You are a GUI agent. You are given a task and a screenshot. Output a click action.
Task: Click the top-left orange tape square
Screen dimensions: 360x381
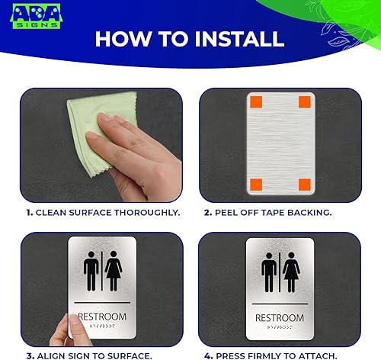255,101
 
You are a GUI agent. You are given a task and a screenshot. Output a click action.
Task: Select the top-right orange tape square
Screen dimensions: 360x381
304,101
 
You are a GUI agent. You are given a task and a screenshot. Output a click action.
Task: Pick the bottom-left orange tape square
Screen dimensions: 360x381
255,182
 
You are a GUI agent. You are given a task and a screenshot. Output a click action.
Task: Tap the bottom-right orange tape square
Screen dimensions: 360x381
304,183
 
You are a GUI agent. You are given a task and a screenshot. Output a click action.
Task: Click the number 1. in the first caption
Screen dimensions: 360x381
29,212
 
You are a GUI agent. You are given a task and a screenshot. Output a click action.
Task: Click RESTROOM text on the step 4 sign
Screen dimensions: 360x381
279,317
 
